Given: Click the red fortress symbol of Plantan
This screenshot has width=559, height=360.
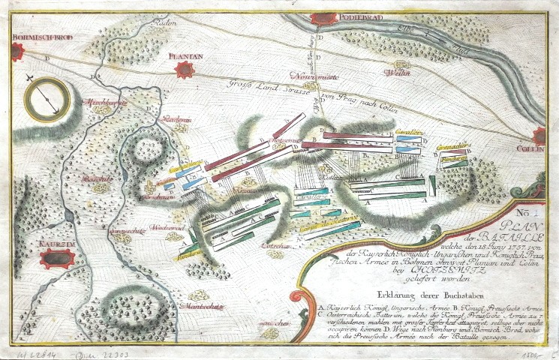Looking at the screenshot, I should click(x=185, y=71).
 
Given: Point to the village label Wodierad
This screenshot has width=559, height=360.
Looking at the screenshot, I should click(x=173, y=225).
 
